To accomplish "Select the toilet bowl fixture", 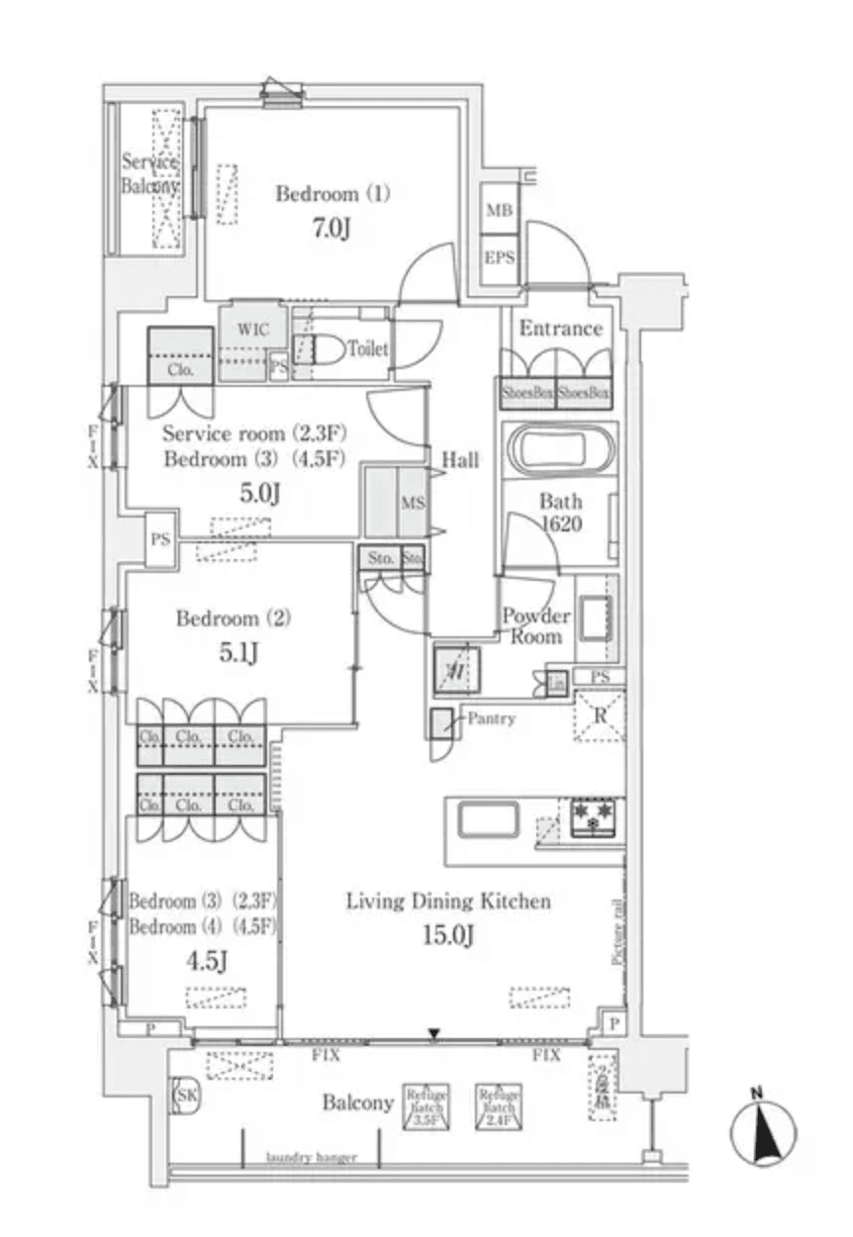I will (x=327, y=349).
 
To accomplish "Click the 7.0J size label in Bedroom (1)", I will (x=332, y=230).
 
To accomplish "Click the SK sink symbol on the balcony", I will (x=185, y=1095).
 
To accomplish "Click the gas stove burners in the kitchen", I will (x=593, y=817).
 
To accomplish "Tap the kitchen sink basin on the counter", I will (x=486, y=819).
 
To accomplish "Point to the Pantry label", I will (x=491, y=719).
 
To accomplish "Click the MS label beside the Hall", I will (x=413, y=503).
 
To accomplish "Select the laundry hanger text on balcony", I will (x=311, y=1158).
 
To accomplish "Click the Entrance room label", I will (x=561, y=330).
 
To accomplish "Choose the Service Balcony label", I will (x=150, y=174).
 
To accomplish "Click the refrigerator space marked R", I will (x=599, y=715).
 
